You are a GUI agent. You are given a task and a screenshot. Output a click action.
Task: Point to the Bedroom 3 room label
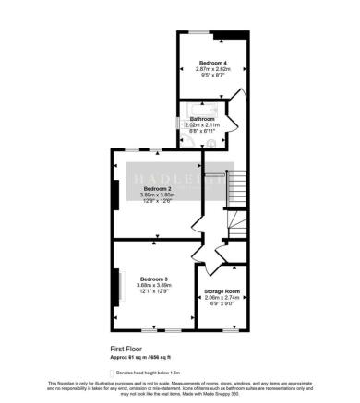click(154, 278)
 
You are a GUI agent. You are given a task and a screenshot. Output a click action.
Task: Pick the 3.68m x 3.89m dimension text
click(154, 285)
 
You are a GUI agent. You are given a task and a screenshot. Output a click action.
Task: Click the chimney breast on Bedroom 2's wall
click(115, 194)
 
